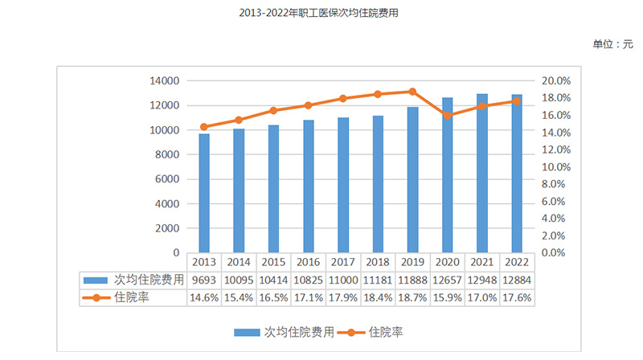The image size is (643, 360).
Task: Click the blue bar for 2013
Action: tap(204, 193)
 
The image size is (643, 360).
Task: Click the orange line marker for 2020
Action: tap(446, 116)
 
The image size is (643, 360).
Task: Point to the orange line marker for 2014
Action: tap(239, 120)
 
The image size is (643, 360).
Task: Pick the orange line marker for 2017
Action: tap(342, 98)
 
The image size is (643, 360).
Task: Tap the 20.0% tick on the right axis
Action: tap(556, 81)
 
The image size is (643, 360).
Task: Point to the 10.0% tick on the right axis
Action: tap(556, 167)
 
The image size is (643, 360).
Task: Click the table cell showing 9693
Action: tap(204, 280)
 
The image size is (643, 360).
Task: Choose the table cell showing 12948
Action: tap(481, 280)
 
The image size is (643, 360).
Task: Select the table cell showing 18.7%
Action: tap(412, 297)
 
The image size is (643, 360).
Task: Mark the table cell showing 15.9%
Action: tap(446, 297)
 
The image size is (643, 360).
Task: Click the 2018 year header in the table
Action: tap(377, 262)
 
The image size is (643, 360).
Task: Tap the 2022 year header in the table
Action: tap(515, 262)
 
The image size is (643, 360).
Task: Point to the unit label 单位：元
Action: tap(612, 44)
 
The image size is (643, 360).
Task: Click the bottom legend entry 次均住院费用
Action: tap(281, 331)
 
